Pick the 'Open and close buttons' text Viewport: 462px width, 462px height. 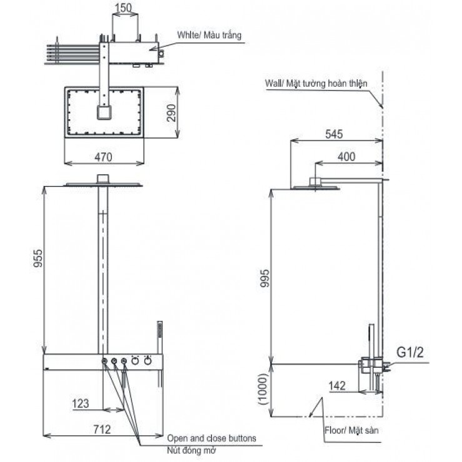(x=212, y=438)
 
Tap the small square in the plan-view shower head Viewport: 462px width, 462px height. (x=104, y=113)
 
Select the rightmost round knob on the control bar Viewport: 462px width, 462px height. (x=148, y=361)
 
